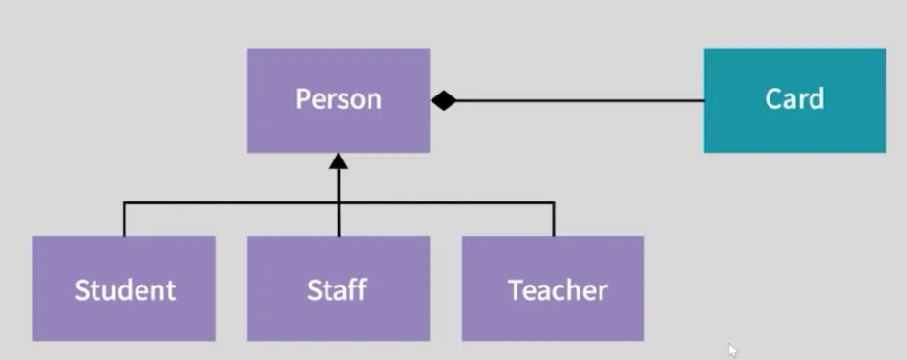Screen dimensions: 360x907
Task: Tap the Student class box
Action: tap(124, 315)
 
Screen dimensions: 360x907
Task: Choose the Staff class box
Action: tap(338, 315)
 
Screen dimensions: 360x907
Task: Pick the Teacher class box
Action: tap(553, 315)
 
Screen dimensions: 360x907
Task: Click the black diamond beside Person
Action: tap(443, 100)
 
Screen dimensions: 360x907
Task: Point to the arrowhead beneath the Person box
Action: tap(338, 161)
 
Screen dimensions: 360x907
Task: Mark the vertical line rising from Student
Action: tap(124, 220)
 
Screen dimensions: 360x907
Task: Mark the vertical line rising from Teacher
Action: tap(554, 220)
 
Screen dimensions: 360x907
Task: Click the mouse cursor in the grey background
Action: tap(732, 349)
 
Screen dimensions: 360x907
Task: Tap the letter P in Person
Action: tap(303, 99)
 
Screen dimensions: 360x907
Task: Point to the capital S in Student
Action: tap(82, 289)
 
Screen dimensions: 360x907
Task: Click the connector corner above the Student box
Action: tap(124, 202)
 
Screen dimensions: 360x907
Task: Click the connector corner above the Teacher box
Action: tap(554, 202)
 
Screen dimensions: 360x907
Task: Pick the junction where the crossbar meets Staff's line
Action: tap(338, 202)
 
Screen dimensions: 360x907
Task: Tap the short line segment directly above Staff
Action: tap(338, 221)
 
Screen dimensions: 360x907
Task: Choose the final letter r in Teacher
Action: tap(602, 291)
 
